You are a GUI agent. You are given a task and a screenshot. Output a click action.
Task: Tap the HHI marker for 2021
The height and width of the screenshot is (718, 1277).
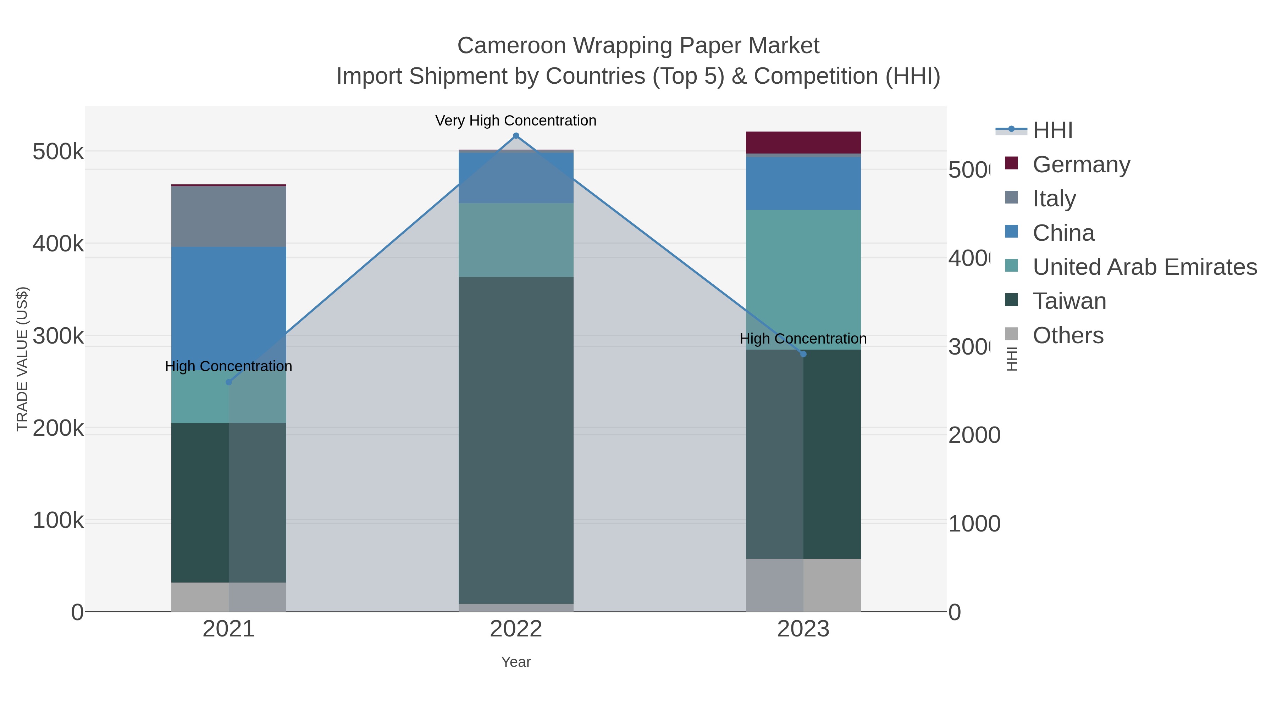point(228,382)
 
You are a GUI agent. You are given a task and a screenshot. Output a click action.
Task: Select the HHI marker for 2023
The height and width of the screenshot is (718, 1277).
point(803,354)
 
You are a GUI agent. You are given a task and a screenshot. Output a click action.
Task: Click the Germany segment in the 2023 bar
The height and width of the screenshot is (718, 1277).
point(803,143)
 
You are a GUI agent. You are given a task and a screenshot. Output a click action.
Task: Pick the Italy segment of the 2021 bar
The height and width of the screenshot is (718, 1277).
point(228,217)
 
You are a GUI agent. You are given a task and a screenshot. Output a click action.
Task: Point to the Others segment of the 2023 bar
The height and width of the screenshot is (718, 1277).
point(803,585)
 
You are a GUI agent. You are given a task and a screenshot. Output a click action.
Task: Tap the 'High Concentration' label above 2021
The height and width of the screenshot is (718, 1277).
point(228,366)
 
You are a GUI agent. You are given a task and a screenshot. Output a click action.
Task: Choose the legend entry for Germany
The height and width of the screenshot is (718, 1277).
point(1081,165)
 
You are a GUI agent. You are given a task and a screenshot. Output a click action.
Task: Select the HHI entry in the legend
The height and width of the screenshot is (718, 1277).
point(1052,130)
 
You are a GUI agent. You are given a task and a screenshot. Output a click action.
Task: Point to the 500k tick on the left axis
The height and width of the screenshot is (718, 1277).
point(58,152)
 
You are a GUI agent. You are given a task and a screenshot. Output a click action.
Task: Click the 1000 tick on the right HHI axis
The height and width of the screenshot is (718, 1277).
point(974,524)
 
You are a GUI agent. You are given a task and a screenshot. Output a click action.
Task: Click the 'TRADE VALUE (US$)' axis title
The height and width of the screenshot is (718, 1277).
point(22,359)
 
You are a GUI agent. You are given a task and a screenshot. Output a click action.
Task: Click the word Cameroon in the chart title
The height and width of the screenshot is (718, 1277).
point(511,46)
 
